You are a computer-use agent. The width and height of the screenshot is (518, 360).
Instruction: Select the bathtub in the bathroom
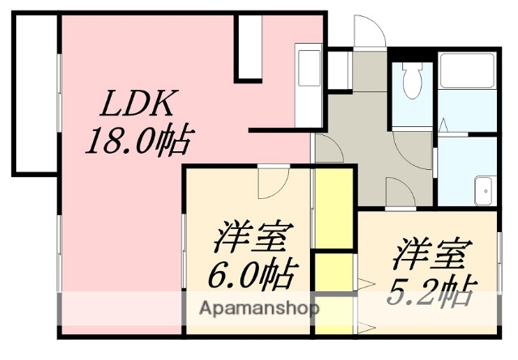(467, 71)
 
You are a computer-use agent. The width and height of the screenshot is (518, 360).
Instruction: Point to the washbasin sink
(485, 190)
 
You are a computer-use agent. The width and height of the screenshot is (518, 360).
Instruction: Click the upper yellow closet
(333, 208)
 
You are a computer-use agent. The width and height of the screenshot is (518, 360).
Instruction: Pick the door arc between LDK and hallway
(328, 149)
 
